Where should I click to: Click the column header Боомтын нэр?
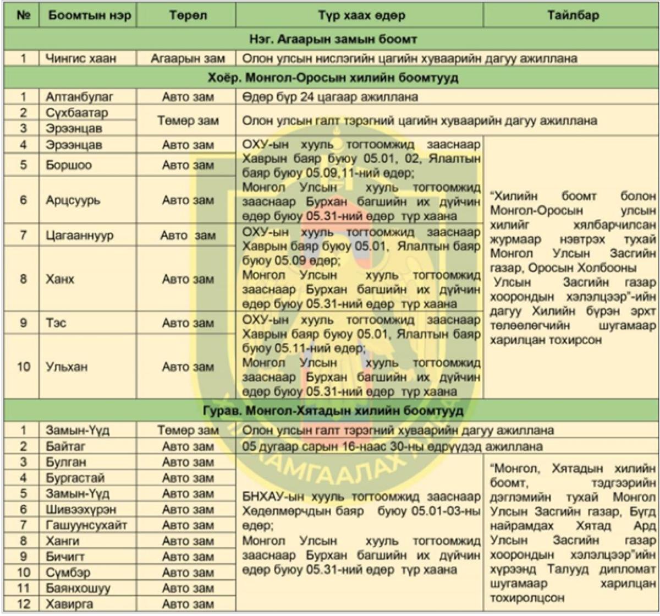pos(89,15)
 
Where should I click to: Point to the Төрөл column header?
pos(188,15)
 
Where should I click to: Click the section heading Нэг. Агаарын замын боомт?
pos(331,40)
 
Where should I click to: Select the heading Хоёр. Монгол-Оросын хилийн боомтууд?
pos(331,78)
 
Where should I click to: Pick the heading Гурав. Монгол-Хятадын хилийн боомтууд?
pos(331,411)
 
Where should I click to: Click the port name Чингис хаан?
pos(81,58)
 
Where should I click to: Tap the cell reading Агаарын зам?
pos(188,58)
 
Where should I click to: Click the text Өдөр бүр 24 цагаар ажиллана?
pos(330,97)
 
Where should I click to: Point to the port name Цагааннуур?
pos(80,236)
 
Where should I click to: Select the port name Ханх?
pos(60,279)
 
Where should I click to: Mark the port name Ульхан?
pos(67,367)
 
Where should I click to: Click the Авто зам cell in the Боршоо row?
pos(188,165)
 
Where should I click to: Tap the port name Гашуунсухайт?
pos(86,525)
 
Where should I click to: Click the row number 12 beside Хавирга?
pos(23,604)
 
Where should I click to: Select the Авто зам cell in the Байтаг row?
pos(188,446)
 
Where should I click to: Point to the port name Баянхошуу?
pos(78,588)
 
